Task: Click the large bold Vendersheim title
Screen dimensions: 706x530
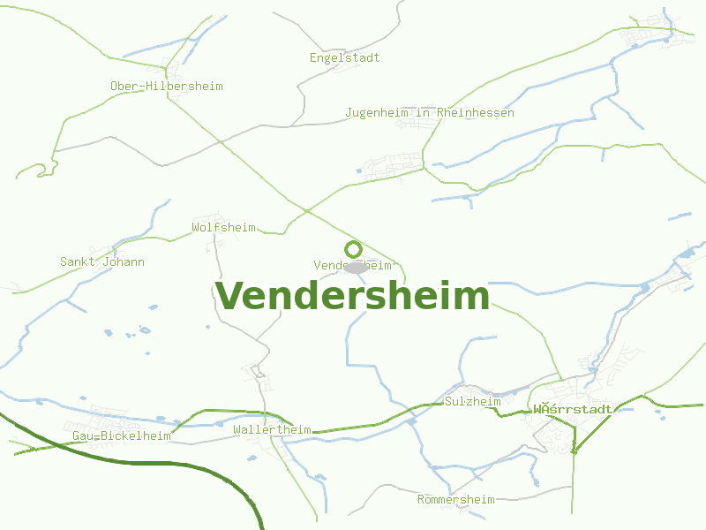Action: point(352,296)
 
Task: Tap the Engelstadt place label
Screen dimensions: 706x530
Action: point(344,57)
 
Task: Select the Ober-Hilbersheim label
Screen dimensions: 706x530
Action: point(166,86)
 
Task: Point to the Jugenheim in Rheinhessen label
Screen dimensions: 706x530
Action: point(430,113)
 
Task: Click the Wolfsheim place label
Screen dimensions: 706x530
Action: point(223,227)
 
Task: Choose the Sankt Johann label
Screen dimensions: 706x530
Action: point(102,261)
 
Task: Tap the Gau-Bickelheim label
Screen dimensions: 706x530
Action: point(122,435)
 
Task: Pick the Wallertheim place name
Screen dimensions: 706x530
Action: point(272,429)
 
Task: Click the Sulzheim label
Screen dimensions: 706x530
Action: point(473,401)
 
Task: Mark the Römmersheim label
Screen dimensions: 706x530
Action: point(455,499)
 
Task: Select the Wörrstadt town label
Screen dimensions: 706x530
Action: point(572,409)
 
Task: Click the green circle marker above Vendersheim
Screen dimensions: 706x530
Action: point(353,249)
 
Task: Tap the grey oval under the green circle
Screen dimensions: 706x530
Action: point(356,267)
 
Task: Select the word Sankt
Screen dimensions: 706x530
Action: point(78,261)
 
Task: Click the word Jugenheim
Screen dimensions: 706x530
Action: point(374,113)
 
